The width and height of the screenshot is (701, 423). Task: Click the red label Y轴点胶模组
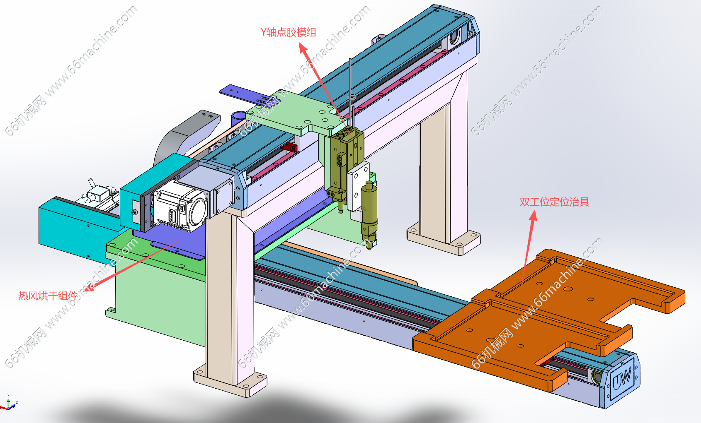[288, 32]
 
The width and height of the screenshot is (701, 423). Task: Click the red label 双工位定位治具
[554, 202]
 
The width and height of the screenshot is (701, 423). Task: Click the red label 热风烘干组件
[48, 296]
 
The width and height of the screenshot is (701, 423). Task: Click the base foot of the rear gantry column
[443, 240]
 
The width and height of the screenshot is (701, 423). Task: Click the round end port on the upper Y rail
[454, 38]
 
